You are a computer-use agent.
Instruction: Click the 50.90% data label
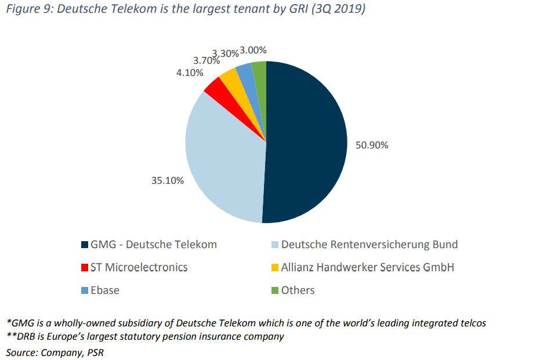pos(372,145)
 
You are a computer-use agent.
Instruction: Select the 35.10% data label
pos(168,181)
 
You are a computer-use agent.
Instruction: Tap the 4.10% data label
pos(190,72)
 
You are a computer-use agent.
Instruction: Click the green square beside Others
pos(276,290)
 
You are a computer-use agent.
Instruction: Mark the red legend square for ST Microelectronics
pos(85,268)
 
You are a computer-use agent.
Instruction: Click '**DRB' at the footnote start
pos(21,337)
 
